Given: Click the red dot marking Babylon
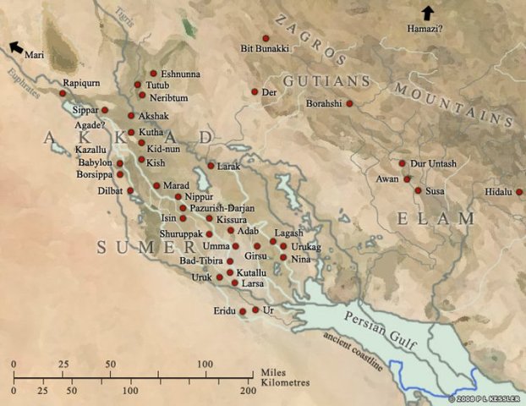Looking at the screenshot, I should (x=120, y=163).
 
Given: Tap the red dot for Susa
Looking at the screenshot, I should (x=417, y=191).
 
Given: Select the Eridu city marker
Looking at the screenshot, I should (x=243, y=311).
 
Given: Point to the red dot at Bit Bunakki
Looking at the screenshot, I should (x=266, y=38).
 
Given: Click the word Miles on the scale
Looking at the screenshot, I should (x=273, y=371).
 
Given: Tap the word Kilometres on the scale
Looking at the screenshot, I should (x=286, y=382).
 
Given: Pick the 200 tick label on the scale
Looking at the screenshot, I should (x=247, y=392).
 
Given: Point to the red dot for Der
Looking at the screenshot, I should (x=255, y=91).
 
